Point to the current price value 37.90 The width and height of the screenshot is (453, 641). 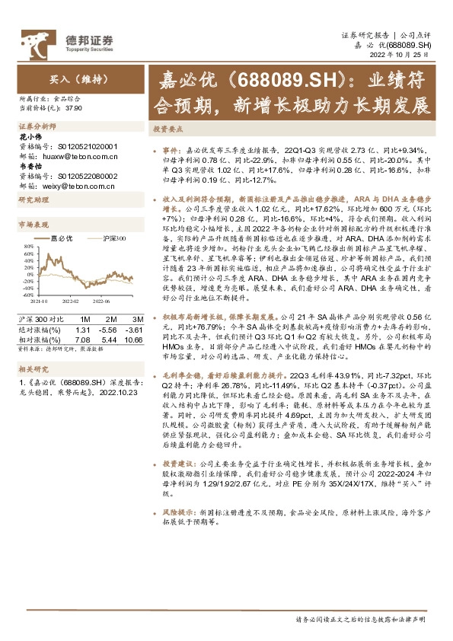pos(75,108)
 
